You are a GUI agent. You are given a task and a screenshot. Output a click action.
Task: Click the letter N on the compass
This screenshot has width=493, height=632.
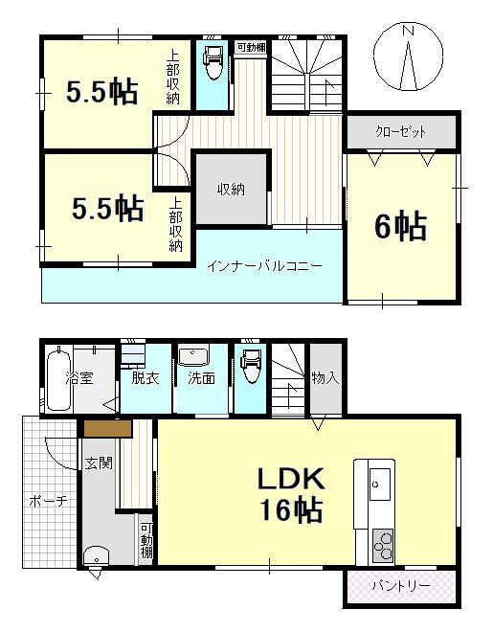click(x=409, y=31)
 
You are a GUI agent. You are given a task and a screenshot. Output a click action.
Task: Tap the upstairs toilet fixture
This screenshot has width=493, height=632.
click(x=213, y=62)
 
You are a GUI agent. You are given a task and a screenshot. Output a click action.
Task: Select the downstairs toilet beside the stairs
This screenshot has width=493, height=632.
click(x=250, y=366)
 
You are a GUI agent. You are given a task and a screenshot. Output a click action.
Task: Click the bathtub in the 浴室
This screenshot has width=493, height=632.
click(x=59, y=379)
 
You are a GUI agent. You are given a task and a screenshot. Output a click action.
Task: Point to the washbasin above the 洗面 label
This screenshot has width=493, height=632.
click(x=193, y=357)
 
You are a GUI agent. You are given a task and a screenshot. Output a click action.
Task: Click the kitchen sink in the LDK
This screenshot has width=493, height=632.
click(x=380, y=485)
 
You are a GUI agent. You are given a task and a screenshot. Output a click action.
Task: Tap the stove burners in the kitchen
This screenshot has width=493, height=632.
click(x=383, y=546)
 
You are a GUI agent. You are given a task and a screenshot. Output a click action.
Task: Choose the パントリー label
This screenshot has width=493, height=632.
click(x=401, y=586)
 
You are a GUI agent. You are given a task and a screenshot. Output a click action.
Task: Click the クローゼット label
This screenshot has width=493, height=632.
click(x=401, y=132)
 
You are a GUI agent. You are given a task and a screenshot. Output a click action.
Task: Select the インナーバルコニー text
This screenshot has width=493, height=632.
click(x=264, y=266)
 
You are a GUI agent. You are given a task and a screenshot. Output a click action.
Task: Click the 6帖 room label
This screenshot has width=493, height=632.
click(x=400, y=226)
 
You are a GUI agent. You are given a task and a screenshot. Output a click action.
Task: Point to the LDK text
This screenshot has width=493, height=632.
click(x=291, y=479)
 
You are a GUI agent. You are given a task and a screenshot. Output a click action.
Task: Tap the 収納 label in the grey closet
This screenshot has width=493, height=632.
click(x=232, y=190)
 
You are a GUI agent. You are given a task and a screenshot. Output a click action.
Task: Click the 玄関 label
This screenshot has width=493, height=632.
click(x=99, y=463)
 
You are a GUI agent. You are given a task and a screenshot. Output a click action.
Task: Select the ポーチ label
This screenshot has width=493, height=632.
click(x=48, y=502)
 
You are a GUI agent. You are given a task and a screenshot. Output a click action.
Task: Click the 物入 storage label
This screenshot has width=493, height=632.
click(x=325, y=378)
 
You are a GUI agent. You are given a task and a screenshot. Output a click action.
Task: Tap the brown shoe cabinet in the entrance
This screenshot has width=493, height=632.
click(x=108, y=428)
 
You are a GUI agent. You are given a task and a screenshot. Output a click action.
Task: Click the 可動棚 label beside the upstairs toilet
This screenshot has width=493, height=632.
click(x=252, y=47)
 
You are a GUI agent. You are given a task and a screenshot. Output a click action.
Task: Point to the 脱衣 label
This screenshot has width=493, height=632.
click(x=146, y=378)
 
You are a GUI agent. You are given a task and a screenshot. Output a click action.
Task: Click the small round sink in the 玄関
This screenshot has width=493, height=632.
click(x=97, y=555)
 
